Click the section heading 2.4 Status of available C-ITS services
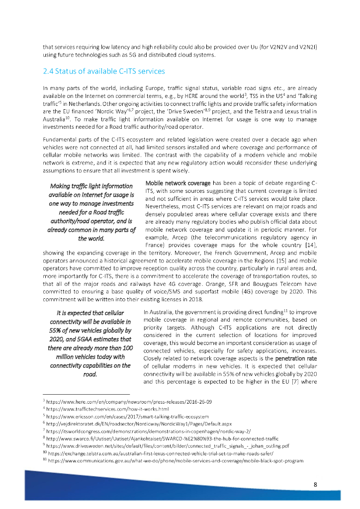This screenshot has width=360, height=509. click(x=103, y=71)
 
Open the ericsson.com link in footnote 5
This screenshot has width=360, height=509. click(x=128, y=416)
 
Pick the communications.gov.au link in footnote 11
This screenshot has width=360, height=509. click(x=176, y=461)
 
